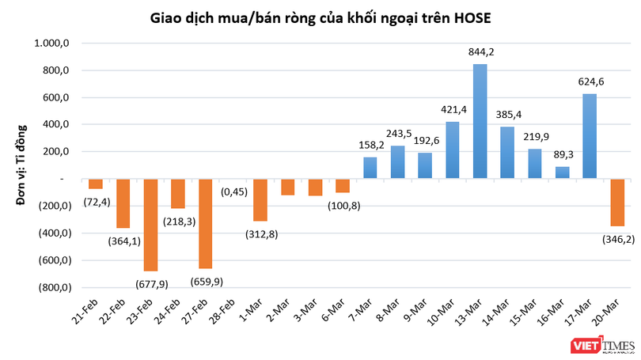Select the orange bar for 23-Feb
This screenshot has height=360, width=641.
click(150, 225)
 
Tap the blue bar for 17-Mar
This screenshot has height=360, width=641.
click(589, 136)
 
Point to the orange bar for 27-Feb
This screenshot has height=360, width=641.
click(206, 224)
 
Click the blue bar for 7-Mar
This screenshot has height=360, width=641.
click(370, 168)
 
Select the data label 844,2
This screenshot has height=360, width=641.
click(480, 52)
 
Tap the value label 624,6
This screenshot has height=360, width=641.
click(589, 81)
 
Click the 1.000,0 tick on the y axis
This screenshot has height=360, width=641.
click(51, 44)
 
